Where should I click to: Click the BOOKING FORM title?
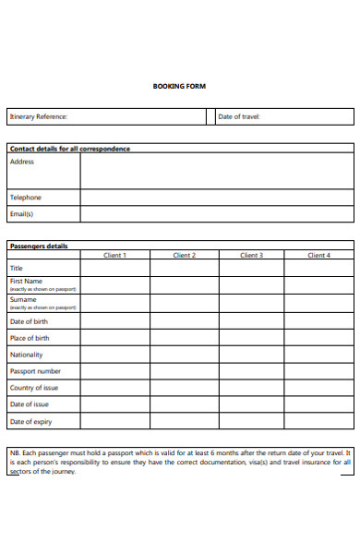pos(179,86)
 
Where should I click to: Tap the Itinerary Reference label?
pos(39,117)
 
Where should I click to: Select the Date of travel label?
pos(239,117)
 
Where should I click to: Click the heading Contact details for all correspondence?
pos(69,148)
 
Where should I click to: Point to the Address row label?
pos(22,162)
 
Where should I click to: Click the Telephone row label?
pos(26,197)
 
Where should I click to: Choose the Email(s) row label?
pos(22,213)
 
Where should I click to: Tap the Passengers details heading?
pos(39,247)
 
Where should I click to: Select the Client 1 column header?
pos(114,255)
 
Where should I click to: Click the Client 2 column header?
pos(183,255)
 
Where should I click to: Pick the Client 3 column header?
pos(250,255)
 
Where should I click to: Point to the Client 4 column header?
pos(318,255)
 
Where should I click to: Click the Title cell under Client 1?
pos(114,267)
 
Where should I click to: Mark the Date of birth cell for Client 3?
pos(250,321)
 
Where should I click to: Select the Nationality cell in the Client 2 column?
pos(183,355)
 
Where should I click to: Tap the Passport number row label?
pos(35,371)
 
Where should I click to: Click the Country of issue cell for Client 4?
pos(318,388)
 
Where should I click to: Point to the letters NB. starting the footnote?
pos(15,452)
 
